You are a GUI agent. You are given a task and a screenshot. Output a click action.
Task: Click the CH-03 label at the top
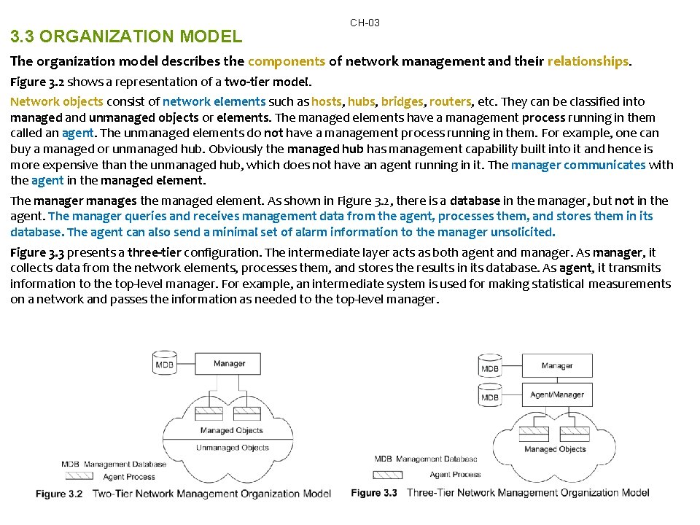[365, 23]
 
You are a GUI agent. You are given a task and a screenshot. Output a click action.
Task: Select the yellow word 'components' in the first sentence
[287, 61]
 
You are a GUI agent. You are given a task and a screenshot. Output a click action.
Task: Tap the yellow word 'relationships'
[588, 61]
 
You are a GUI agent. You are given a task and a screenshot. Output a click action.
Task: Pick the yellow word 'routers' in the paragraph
[450, 101]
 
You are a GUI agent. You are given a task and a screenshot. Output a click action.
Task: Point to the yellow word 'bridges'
[402, 101]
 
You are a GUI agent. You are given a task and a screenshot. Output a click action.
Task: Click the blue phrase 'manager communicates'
[578, 164]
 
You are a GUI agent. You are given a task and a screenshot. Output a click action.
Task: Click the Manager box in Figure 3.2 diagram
[230, 364]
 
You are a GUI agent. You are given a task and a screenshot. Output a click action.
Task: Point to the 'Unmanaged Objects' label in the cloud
[233, 448]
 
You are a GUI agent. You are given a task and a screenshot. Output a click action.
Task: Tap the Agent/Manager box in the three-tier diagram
[557, 394]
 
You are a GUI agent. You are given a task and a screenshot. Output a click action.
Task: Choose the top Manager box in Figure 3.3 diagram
[557, 365]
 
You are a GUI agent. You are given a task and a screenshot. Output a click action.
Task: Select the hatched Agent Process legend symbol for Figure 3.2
[78, 476]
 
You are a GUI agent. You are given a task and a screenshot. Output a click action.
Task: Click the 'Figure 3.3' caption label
[374, 493]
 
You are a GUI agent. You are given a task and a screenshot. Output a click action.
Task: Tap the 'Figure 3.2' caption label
[60, 494]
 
